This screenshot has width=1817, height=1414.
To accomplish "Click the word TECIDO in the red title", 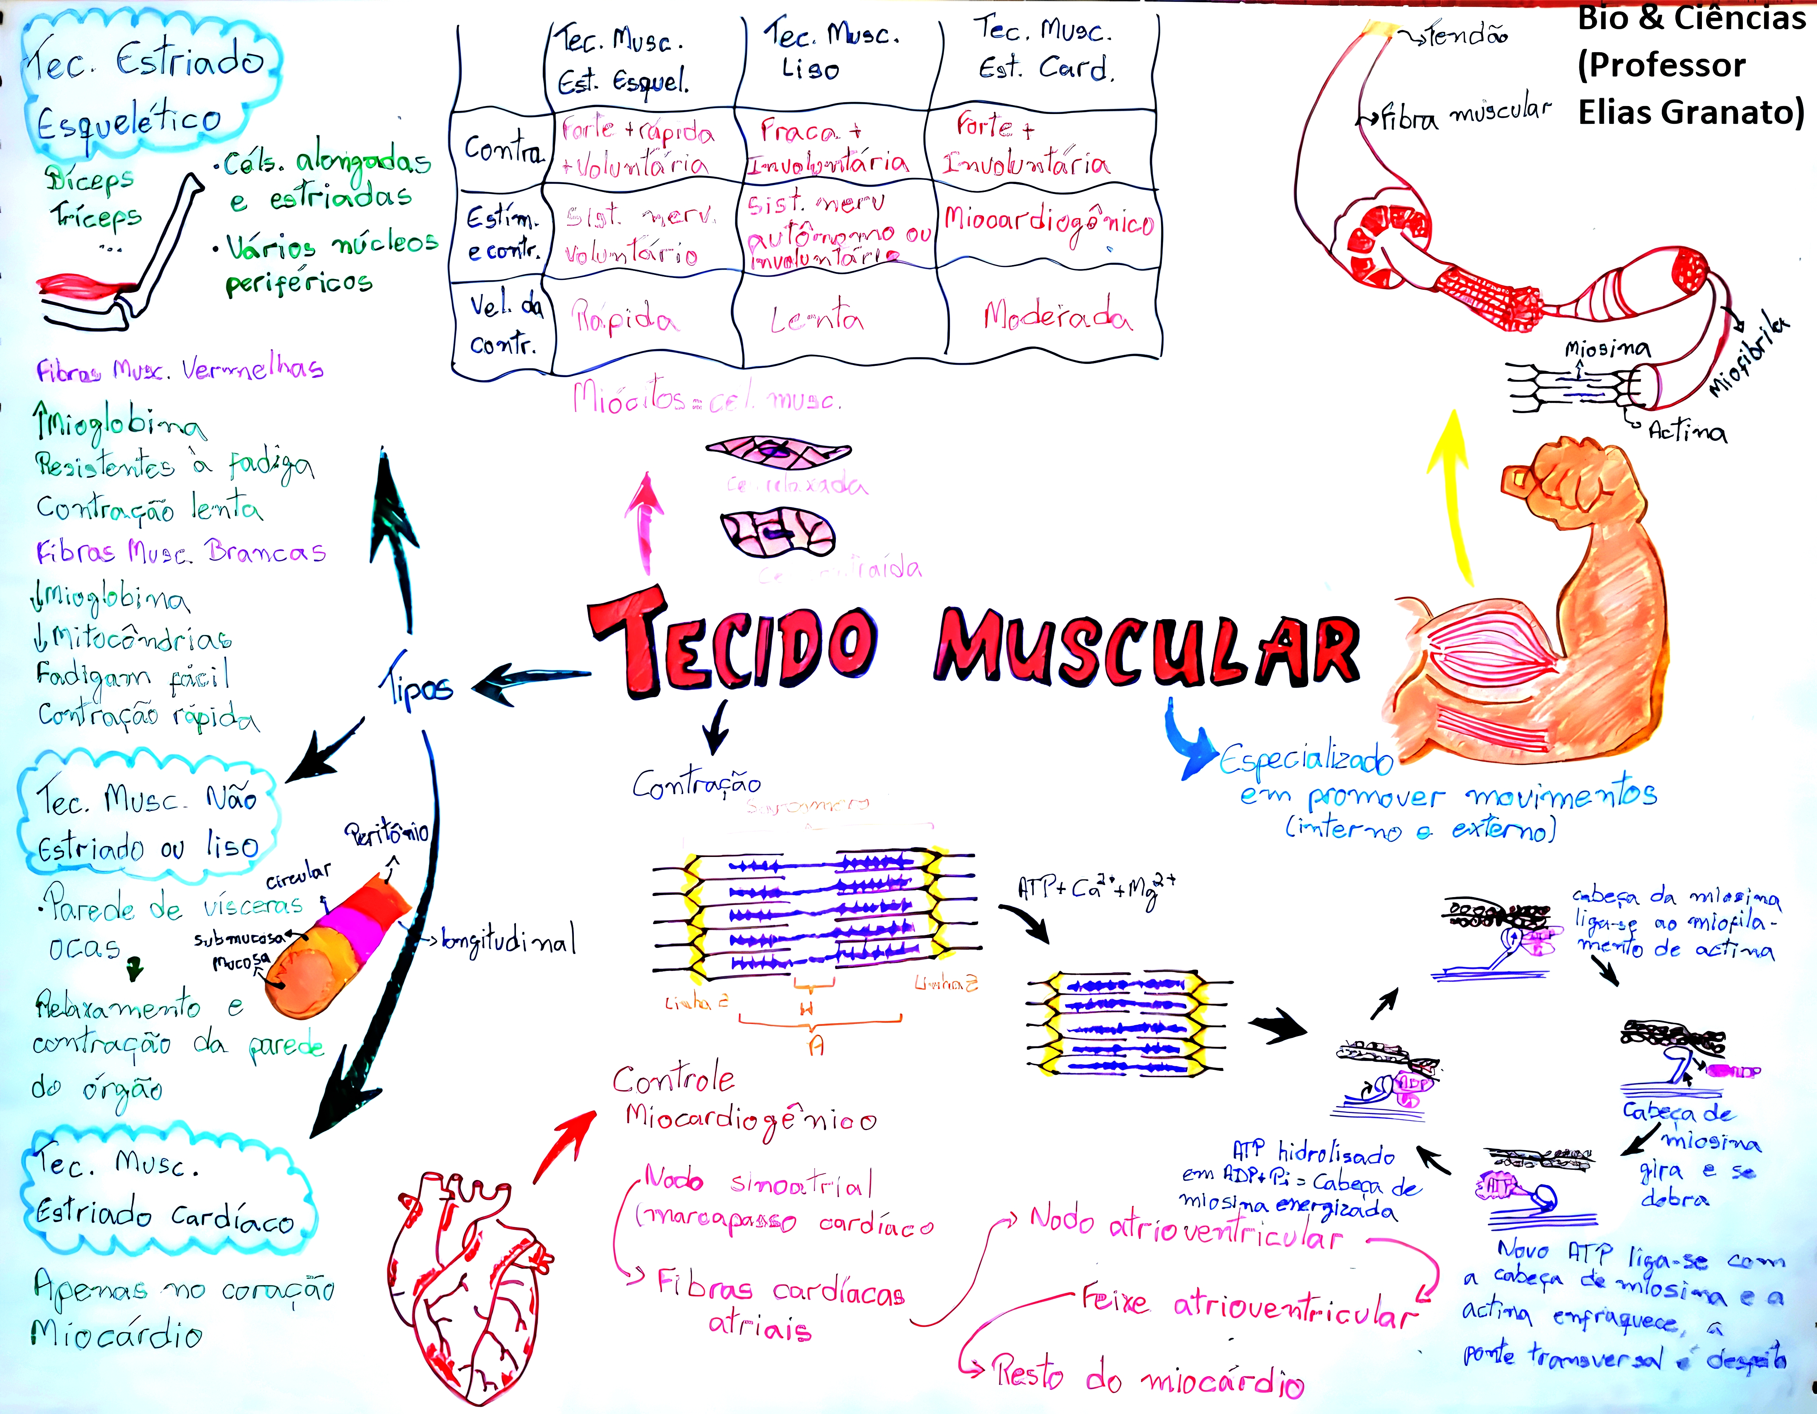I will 732,645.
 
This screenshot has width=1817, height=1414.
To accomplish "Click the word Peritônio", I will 387,832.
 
